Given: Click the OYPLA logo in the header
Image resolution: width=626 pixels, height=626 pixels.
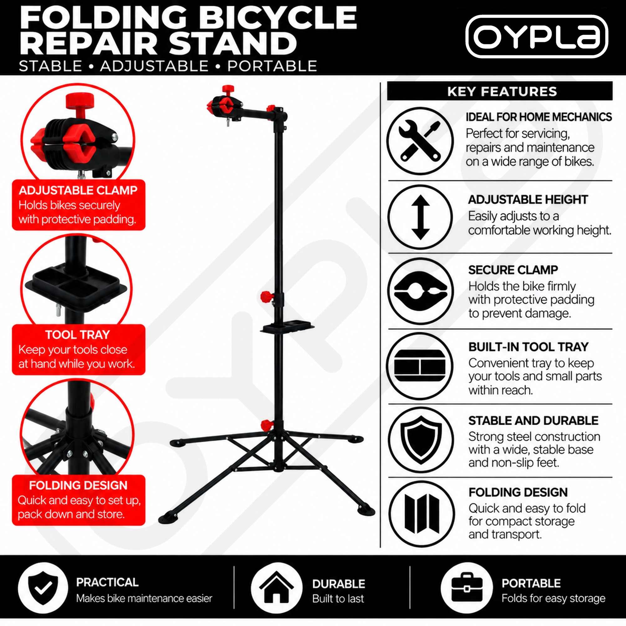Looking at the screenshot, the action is click(536, 37).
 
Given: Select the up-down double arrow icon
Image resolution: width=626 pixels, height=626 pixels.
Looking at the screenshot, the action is click(420, 218).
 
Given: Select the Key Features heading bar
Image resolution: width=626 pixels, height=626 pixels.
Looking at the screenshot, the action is click(500, 91).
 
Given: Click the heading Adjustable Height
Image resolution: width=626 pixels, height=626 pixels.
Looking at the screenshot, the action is click(528, 200).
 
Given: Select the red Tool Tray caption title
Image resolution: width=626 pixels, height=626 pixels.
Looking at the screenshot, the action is click(78, 334).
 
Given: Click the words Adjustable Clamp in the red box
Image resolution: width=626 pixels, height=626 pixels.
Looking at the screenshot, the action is click(78, 190).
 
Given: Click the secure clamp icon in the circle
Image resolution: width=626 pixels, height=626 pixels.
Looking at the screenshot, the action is click(420, 291).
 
